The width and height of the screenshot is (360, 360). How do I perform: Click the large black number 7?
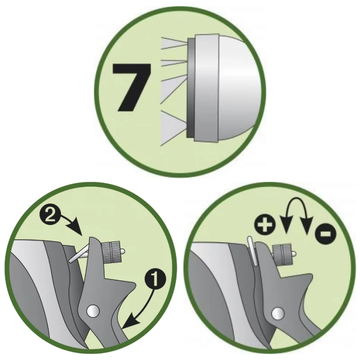[x=131, y=87]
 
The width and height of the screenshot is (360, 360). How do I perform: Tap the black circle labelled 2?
[x=50, y=216]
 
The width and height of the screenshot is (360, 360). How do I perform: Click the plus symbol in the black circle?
[x=265, y=224]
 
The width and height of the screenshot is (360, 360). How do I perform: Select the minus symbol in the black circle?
[x=326, y=234]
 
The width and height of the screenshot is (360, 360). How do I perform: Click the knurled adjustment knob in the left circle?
[x=112, y=252]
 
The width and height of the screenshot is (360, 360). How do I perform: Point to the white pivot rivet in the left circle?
[x=93, y=311]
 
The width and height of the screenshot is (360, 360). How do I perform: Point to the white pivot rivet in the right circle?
[x=278, y=313]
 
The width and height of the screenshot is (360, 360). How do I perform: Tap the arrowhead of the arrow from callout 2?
[x=76, y=229]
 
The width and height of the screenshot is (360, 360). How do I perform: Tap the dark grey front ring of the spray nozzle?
[x=191, y=88]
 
